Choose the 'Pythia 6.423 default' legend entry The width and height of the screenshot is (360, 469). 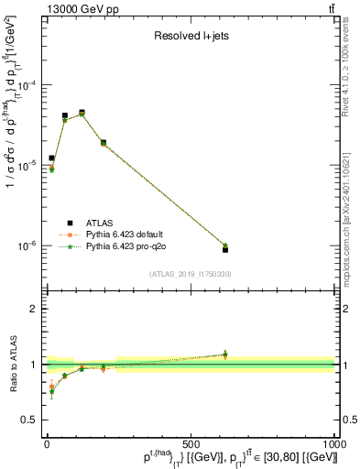point(124,234)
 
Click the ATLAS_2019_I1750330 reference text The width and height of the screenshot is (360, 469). point(190,274)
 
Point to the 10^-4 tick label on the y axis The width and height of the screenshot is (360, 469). point(27,85)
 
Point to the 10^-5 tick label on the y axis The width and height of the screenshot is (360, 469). point(27,165)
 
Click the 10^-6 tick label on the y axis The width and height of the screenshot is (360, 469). point(27,245)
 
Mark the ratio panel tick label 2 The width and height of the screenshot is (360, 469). point(33,309)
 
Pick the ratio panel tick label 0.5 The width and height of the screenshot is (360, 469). point(29,420)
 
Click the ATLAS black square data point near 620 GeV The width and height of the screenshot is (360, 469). point(224,249)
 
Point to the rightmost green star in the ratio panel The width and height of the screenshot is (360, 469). point(224,354)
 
